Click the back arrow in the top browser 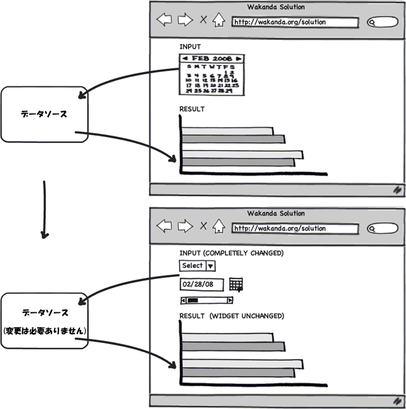point(164,20)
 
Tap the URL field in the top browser point(295,22)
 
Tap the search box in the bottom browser point(382,229)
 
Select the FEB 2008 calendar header point(212,58)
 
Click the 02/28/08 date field point(201,284)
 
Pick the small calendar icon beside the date point(236,284)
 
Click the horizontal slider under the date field point(207,301)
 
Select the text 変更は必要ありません point(44,331)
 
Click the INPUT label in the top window point(190,47)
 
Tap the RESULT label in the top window point(192,109)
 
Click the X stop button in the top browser point(203,20)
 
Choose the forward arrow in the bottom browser point(185,226)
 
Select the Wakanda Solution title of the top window point(276,7)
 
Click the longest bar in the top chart point(242,155)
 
